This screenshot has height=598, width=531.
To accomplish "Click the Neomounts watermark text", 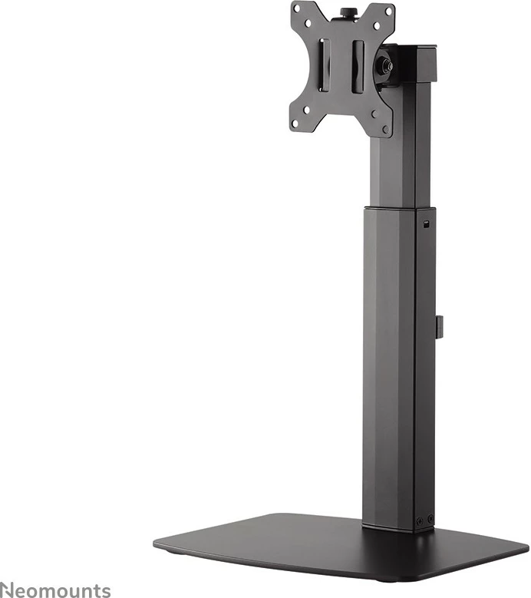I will coord(55,590).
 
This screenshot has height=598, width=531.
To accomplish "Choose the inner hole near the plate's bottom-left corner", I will coord(307,109).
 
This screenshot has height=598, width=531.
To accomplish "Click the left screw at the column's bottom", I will coord(419,520).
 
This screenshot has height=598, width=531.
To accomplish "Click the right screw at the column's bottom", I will coord(429,519).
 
